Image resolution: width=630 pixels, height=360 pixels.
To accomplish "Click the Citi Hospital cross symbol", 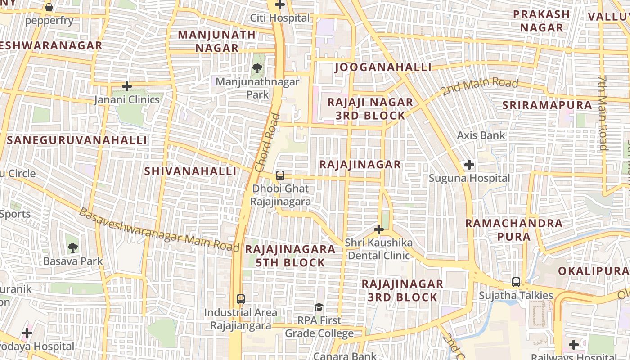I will click(x=280, y=5).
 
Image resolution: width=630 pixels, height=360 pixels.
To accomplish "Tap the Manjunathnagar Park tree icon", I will click(x=257, y=68).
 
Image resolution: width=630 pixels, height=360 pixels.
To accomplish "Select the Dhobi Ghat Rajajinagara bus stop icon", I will click(x=280, y=175).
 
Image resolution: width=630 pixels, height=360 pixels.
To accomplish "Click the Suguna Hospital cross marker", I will click(x=469, y=165).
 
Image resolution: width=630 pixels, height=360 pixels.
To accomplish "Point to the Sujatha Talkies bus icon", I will click(x=516, y=282).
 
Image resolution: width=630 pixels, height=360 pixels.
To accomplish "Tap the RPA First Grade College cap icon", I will click(x=319, y=307).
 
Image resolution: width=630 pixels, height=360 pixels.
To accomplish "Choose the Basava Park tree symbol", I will click(x=72, y=247).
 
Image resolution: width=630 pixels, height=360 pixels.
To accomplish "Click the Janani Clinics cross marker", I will click(x=127, y=86).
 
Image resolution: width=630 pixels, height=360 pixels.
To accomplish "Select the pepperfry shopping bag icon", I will click(x=49, y=7).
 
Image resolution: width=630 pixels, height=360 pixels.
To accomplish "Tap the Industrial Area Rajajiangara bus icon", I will click(x=241, y=299).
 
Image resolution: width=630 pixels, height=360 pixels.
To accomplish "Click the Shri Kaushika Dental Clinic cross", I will click(x=379, y=230).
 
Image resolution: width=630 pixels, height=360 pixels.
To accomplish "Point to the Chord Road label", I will click(x=267, y=143).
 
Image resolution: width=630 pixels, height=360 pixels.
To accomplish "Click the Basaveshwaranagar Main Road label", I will click(x=159, y=230).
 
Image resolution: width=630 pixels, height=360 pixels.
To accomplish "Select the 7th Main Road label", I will click(x=603, y=112).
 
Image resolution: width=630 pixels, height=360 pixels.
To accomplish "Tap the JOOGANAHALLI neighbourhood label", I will click(x=383, y=67).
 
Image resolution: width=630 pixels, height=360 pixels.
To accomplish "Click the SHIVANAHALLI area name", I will click(x=190, y=171).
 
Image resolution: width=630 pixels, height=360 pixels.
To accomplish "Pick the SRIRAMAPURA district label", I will click(x=547, y=105).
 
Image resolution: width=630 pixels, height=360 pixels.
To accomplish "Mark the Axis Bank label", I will click(x=481, y=135).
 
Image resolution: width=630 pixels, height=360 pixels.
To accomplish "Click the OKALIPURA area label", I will click(x=593, y=271).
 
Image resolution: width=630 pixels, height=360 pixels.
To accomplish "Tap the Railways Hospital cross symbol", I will click(x=574, y=345).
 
